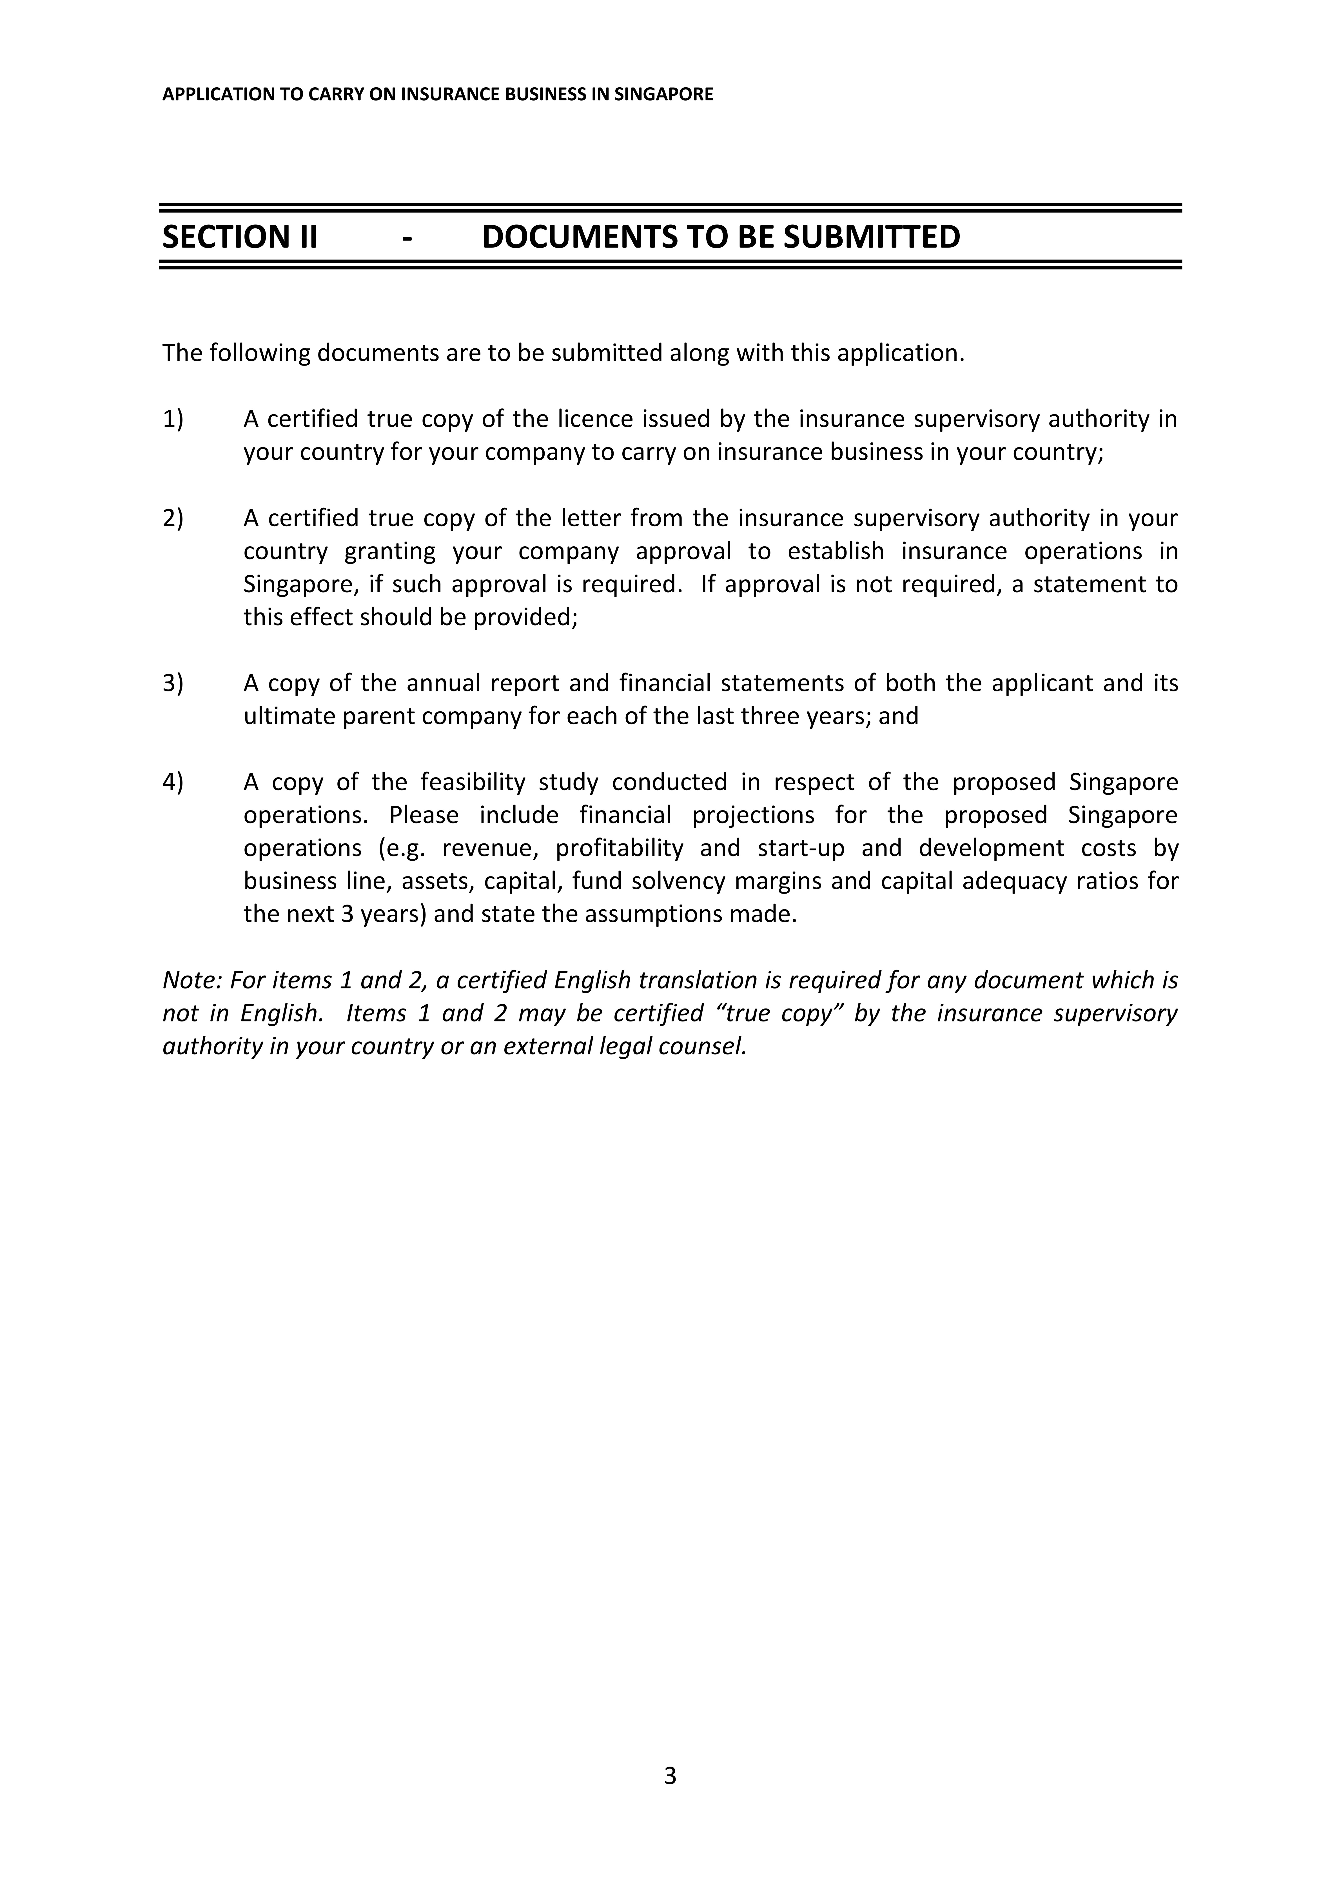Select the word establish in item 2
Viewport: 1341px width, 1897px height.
pyautogui.click(x=835, y=551)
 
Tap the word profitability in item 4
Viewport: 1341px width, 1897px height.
pyautogui.click(x=619, y=848)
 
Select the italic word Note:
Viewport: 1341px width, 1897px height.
pyautogui.click(x=193, y=980)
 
